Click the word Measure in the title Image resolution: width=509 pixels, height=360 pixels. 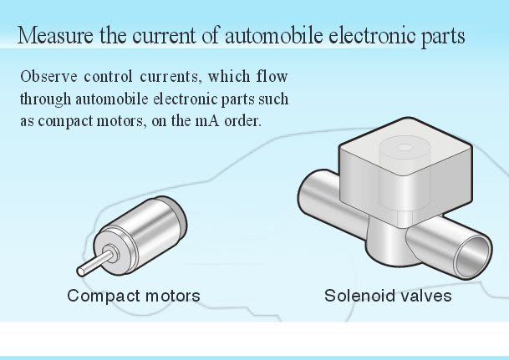pyautogui.click(x=52, y=38)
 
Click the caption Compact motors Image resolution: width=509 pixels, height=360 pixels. pyautogui.click(x=134, y=296)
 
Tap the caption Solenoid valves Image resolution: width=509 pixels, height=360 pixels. pyautogui.click(x=389, y=296)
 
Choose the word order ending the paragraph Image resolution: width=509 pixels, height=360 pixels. pyautogui.click(x=242, y=119)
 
